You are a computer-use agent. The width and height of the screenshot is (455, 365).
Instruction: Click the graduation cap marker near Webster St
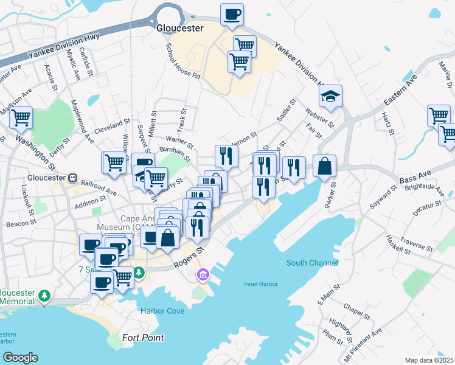click(x=330, y=97)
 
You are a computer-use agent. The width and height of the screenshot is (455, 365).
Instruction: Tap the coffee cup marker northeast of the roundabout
click(x=232, y=15)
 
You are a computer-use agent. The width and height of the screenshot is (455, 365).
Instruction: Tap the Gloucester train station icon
click(x=72, y=178)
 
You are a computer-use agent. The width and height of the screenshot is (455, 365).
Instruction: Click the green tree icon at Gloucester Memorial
click(x=44, y=296)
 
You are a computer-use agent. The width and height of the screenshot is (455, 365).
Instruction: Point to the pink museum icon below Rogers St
click(x=202, y=276)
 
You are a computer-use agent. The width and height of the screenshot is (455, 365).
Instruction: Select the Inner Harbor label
click(x=261, y=284)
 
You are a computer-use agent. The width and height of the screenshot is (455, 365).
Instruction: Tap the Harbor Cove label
click(x=162, y=310)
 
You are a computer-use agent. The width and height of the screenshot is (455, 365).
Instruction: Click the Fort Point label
click(x=144, y=338)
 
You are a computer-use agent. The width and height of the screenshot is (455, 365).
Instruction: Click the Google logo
click(x=19, y=358)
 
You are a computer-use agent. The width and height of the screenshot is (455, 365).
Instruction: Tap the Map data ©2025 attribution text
click(x=429, y=360)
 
